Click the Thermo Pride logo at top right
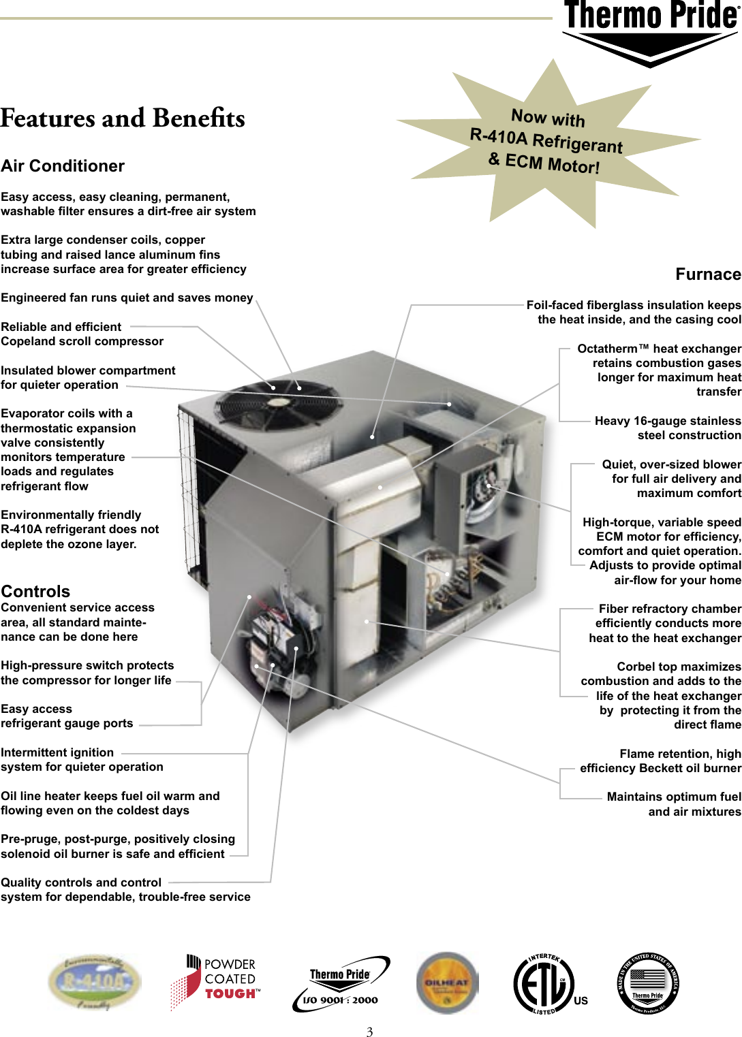[651, 31]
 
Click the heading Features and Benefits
[123, 118]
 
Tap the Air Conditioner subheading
[63, 166]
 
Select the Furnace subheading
[708, 274]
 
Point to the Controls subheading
[35, 591]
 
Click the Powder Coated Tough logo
[215, 981]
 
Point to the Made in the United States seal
[647, 983]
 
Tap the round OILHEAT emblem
[447, 983]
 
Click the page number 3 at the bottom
[369, 1032]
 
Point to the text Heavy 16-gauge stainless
[668, 421]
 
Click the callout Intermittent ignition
[57, 752]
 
